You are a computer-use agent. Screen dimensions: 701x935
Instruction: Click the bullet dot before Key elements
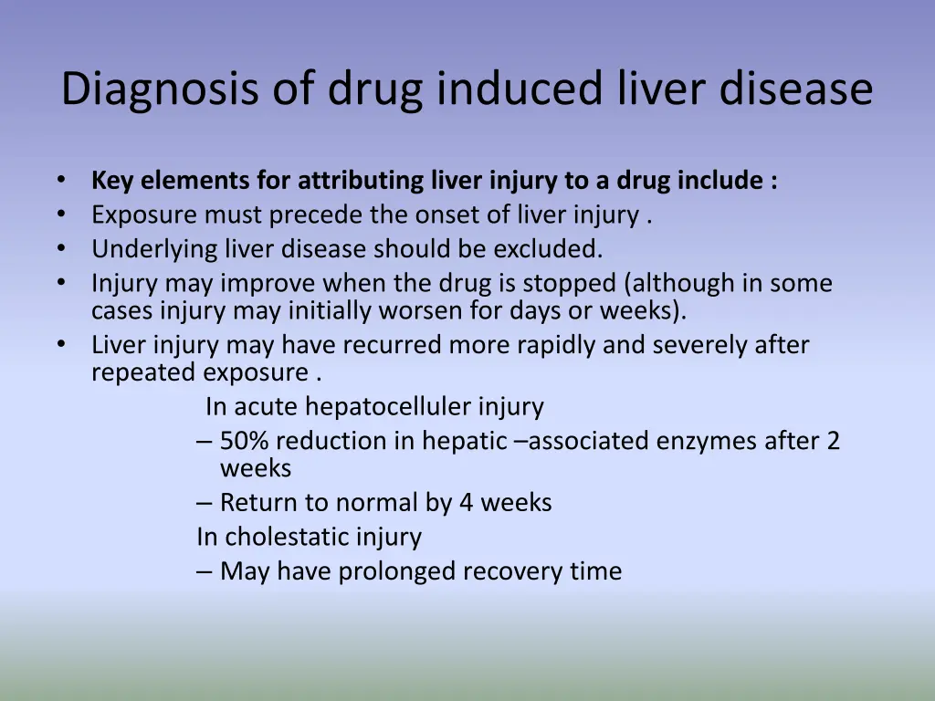pos(60,181)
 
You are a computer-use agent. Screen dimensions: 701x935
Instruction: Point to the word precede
pos(315,215)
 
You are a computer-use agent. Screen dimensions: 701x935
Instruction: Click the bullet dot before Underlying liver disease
pos(60,248)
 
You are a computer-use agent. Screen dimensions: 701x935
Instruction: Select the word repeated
pos(143,372)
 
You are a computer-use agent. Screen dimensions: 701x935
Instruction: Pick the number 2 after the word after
pos(833,441)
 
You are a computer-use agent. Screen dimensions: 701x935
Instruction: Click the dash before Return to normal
pos(205,503)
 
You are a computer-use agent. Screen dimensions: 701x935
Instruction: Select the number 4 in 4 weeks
pos(465,503)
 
